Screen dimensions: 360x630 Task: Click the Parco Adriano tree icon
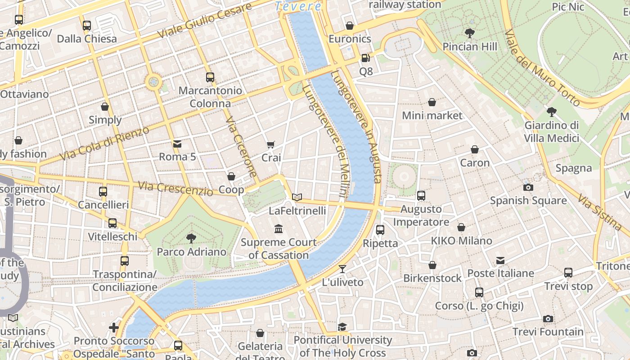(x=191, y=238)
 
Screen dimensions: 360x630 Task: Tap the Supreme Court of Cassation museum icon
(x=279, y=229)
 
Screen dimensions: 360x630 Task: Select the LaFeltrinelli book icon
(x=297, y=197)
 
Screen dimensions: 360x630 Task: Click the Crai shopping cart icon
(x=270, y=144)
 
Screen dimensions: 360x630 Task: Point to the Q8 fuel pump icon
(x=365, y=58)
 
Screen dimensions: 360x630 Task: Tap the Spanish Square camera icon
(x=528, y=187)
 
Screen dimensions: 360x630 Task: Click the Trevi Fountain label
(x=548, y=332)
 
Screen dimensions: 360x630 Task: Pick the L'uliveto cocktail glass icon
(x=342, y=269)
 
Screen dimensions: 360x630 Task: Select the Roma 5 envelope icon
(x=177, y=144)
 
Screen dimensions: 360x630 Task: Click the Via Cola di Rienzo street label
(x=104, y=144)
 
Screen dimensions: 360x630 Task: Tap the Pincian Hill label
(x=470, y=47)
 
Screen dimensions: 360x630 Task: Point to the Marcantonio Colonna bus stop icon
(x=210, y=77)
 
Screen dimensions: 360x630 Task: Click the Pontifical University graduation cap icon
(x=342, y=327)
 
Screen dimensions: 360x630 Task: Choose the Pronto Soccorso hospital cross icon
(x=114, y=327)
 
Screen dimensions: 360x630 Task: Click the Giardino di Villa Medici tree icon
(x=551, y=112)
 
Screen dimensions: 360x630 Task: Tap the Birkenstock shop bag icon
(x=432, y=265)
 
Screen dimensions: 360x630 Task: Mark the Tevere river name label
(x=298, y=6)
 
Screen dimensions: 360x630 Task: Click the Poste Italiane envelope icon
(x=500, y=260)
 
